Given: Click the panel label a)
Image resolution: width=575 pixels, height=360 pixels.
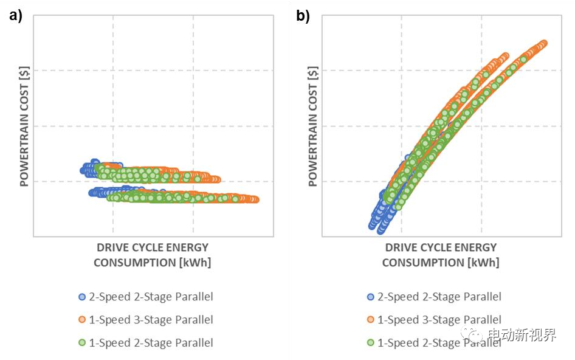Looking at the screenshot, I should [x=16, y=16].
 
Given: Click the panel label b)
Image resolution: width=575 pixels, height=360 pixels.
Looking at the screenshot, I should [x=303, y=16].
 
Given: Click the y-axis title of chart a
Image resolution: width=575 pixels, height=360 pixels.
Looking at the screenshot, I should [x=25, y=126].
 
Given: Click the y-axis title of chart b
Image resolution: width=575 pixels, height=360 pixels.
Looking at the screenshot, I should [x=313, y=126].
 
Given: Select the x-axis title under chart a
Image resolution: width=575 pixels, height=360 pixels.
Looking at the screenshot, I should [x=152, y=255].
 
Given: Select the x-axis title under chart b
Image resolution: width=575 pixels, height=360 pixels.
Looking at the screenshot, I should [x=441, y=255].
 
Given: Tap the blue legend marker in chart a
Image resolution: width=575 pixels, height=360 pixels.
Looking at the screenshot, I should [x=82, y=297].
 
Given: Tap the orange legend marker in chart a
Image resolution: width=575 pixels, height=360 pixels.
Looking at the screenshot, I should [x=82, y=320].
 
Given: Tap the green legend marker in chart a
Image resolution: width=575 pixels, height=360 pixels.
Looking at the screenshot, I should [x=82, y=343].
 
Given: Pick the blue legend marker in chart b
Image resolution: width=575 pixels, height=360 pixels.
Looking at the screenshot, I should [x=371, y=297].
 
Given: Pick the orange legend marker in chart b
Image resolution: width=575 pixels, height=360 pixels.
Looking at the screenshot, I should [x=371, y=320].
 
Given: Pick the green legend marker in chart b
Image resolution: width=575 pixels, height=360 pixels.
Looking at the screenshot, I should [x=371, y=343].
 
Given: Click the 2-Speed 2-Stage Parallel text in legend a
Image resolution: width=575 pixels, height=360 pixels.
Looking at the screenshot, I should [x=151, y=297].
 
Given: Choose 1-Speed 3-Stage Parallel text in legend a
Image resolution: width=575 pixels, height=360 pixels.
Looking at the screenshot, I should [x=151, y=320].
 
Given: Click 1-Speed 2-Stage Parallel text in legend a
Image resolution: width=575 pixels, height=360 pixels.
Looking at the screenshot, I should [x=151, y=343].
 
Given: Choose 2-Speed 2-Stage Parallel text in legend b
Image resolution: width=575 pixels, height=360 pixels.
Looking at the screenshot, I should [x=439, y=297].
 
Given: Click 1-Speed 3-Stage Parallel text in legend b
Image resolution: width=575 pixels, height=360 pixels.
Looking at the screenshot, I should [x=439, y=320].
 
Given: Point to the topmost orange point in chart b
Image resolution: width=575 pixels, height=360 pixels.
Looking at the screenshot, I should [x=543, y=43].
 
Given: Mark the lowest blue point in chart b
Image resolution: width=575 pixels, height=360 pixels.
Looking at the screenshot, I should [x=381, y=230].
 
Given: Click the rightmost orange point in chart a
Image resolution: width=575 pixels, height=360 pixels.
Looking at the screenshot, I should [x=255, y=199].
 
